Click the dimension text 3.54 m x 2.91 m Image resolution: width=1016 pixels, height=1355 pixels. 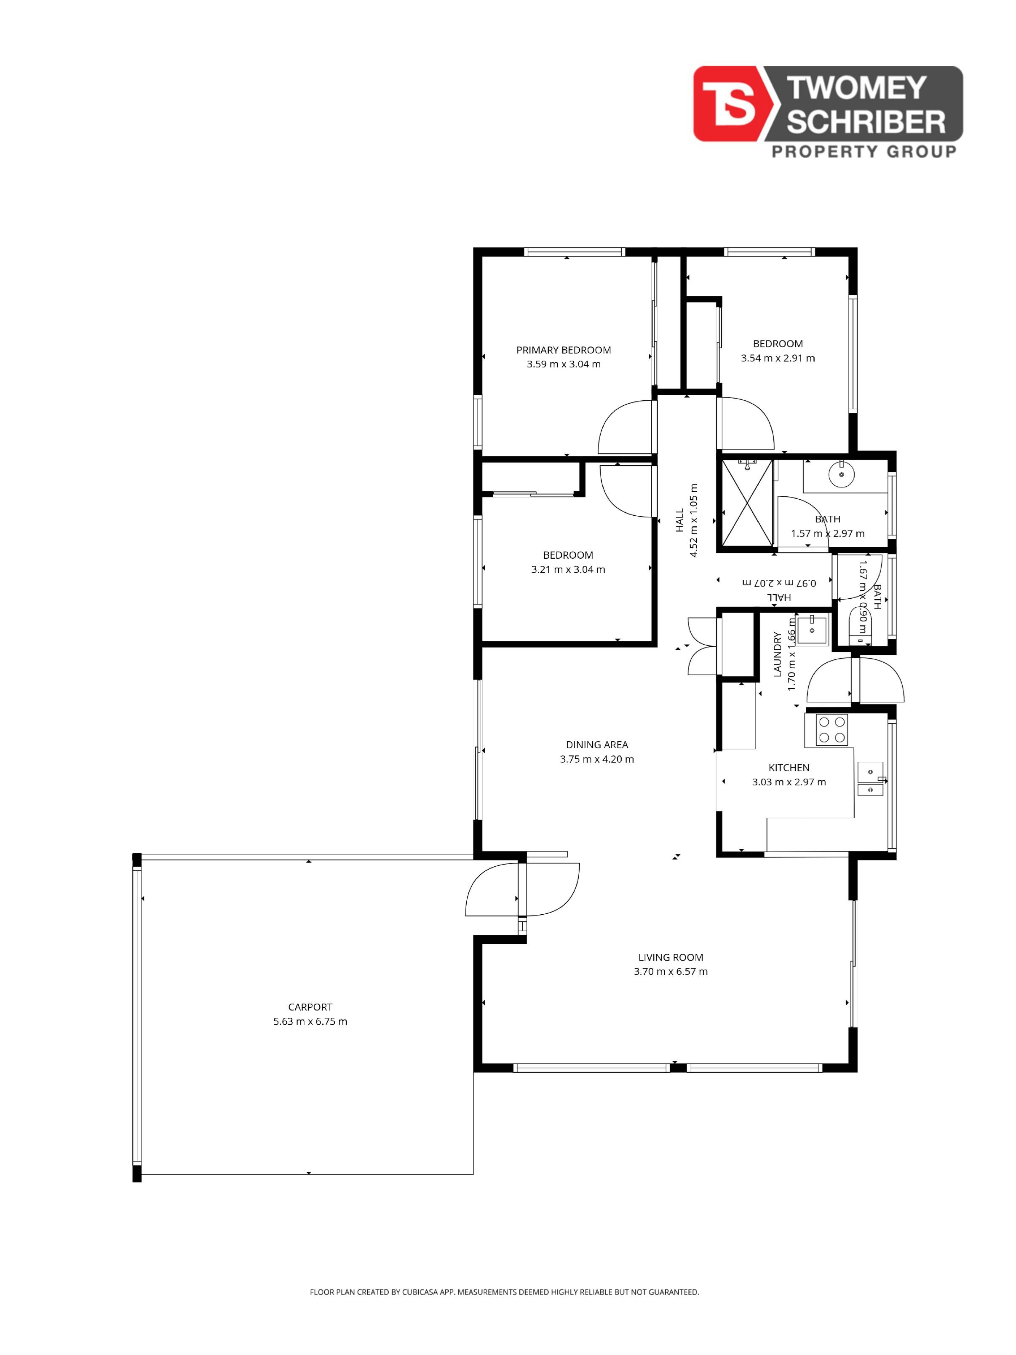(778, 359)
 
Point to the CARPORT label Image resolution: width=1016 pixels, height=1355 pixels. (310, 1007)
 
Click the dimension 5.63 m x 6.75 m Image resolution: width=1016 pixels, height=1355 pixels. (310, 1021)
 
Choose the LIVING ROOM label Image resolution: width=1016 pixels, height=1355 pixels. (671, 957)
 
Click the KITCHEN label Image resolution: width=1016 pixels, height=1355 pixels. (789, 768)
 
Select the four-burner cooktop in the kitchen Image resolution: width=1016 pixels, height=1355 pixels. (832, 730)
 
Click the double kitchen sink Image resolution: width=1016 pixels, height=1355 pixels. (870, 779)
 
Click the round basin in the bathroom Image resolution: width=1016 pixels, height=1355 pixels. (842, 474)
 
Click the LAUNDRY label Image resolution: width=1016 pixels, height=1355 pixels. (778, 654)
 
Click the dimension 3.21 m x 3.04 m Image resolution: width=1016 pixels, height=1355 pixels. (568, 570)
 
